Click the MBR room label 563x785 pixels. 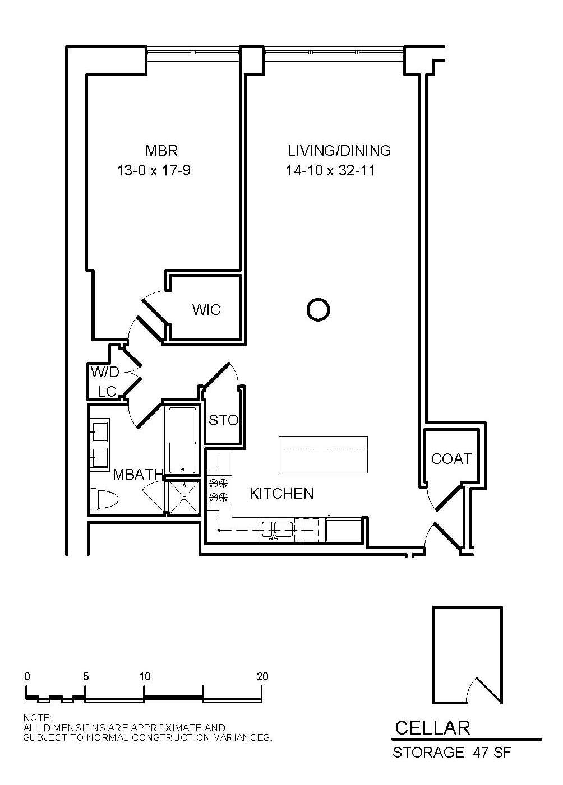click(161, 151)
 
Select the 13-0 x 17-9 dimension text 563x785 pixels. click(154, 171)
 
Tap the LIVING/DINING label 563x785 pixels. click(339, 151)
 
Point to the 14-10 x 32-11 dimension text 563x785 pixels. click(330, 171)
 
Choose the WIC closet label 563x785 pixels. click(206, 310)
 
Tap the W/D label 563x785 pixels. click(105, 372)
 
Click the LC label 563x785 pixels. click(107, 392)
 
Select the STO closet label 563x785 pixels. click(223, 420)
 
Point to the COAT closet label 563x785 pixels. click(451, 458)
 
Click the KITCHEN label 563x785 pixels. click(281, 494)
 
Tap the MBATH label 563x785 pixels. click(138, 475)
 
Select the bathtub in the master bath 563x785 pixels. click(182, 440)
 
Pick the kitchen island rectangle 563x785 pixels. click(323, 454)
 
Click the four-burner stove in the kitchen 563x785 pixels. click(219, 490)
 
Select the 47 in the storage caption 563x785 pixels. click(480, 753)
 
